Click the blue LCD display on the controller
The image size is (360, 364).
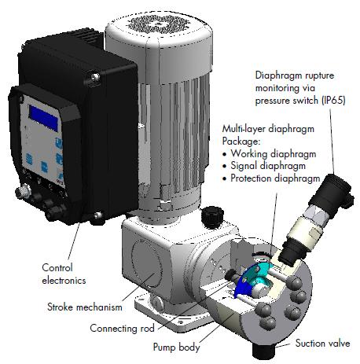[43, 118]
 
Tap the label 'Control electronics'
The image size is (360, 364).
[64, 274]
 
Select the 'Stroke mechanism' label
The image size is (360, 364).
[85, 307]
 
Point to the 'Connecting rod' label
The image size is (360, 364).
[122, 328]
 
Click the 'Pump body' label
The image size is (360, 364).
[176, 347]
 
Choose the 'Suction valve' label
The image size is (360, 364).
[322, 343]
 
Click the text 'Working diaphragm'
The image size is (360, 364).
[274, 154]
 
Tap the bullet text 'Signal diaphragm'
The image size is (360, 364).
[268, 166]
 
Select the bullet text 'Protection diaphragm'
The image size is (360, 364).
[275, 178]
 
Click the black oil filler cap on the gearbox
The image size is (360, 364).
[212, 214]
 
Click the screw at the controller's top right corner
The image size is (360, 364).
[95, 77]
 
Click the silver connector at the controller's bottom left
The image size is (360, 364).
[22, 191]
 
